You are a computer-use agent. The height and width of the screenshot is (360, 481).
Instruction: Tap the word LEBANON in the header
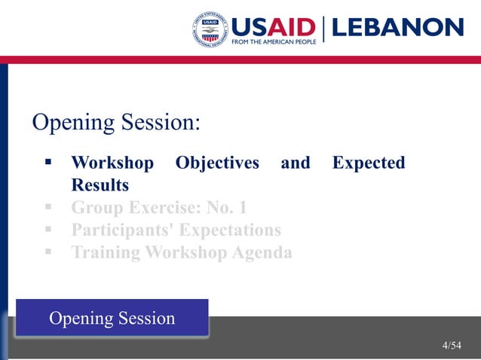397,28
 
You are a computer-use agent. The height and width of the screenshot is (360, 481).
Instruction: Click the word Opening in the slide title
72,122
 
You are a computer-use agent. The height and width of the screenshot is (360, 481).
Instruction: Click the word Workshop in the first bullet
112,163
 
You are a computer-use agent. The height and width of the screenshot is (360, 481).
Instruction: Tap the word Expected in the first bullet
369,163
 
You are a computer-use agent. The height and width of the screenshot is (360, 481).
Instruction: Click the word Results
100,185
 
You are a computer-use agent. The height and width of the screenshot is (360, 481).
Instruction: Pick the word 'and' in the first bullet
296,163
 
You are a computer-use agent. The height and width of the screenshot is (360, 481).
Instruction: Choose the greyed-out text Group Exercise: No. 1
159,207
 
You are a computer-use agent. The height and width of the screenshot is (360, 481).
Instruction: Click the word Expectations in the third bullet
229,230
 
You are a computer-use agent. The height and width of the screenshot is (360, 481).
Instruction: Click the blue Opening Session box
112,318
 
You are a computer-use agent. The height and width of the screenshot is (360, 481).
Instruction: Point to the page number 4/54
452,346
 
